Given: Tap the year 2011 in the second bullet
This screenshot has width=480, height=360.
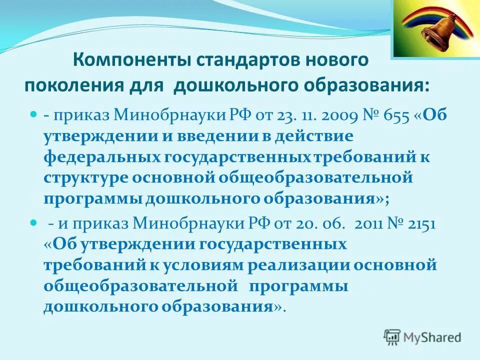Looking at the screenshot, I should point(366,224).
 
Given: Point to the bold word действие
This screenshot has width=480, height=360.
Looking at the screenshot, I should point(313,136).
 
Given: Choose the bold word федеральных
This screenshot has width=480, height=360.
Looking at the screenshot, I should point(102,157).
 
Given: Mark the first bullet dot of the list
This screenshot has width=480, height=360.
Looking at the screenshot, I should point(34,114).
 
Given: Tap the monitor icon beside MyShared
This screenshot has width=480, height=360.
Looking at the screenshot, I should point(392,336).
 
